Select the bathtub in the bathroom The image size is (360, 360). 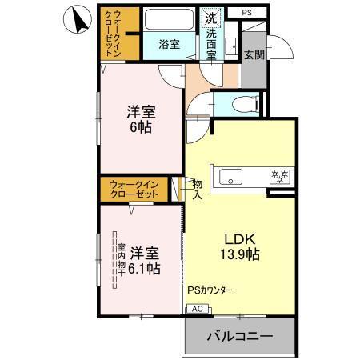(x=168, y=19)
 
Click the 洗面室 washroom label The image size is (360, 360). (x=212, y=45)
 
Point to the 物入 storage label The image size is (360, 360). (x=197, y=190)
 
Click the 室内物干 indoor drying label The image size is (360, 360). (x=119, y=259)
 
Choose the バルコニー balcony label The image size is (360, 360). (x=241, y=337)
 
